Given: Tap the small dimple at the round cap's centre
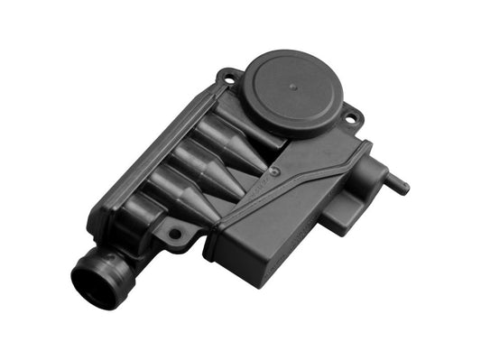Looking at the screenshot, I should [295, 88].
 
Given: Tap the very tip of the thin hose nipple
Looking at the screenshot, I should [406, 190].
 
